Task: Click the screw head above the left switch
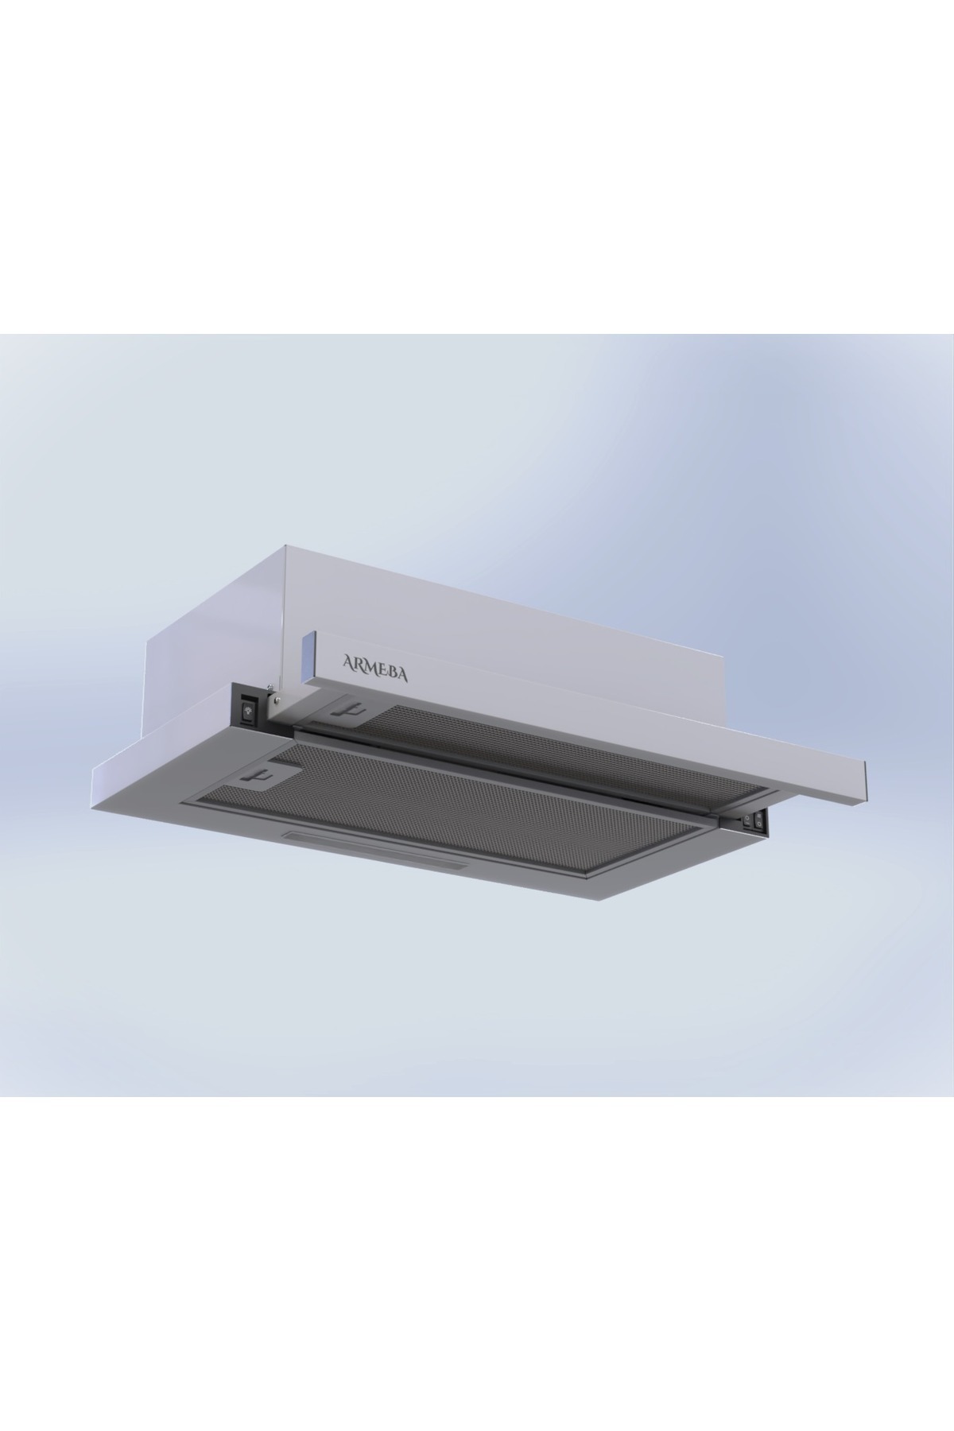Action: pos(272,688)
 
